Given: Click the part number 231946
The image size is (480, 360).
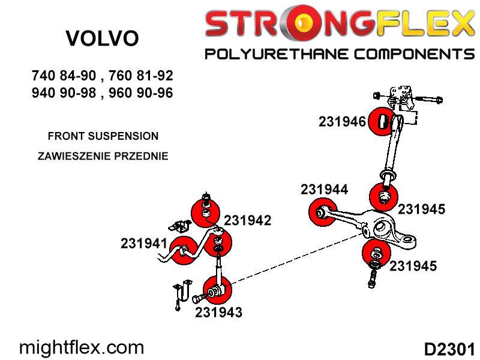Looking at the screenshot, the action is (x=342, y=122).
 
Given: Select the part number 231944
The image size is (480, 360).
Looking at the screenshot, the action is (x=324, y=189).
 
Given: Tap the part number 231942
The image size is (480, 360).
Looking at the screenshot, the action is (x=248, y=220).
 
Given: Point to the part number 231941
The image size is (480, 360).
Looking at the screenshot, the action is (x=144, y=244).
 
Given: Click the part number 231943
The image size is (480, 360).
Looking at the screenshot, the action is (x=218, y=312).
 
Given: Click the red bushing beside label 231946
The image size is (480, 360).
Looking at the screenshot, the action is (x=382, y=121).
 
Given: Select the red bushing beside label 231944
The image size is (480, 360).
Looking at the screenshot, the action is (x=322, y=212).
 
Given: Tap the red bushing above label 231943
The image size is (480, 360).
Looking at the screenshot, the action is (x=217, y=290).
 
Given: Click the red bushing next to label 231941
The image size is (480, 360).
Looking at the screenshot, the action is (x=183, y=251).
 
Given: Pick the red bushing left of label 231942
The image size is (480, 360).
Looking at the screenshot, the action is (x=205, y=212).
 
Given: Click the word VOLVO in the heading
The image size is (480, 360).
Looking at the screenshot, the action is (x=102, y=38).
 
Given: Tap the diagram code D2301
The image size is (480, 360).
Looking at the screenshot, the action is (x=449, y=349).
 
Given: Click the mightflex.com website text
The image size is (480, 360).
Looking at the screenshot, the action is (x=82, y=348).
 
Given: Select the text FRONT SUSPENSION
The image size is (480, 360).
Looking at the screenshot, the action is (x=103, y=136).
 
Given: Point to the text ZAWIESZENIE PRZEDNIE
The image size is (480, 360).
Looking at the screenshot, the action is (x=103, y=156).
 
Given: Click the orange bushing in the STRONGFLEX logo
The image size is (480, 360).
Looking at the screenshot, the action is (x=303, y=23).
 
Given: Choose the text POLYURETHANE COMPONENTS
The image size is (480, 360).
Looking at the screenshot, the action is (x=340, y=54).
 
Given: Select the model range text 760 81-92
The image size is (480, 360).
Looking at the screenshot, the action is (x=141, y=76).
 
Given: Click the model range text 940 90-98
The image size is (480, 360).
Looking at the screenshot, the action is (x=64, y=93).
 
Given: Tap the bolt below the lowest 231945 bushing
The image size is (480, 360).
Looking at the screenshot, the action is (x=372, y=279).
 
